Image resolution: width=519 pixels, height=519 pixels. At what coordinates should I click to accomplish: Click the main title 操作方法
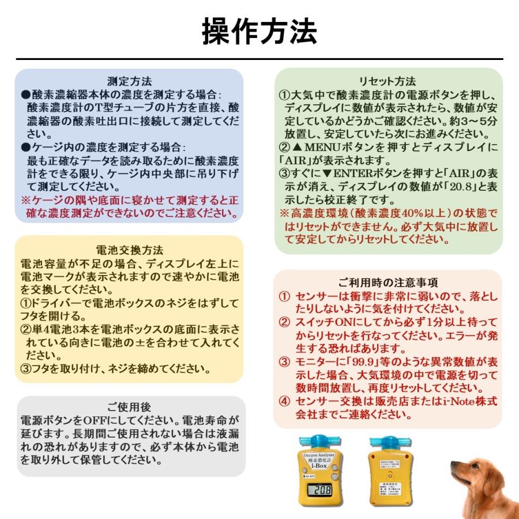click(259, 32)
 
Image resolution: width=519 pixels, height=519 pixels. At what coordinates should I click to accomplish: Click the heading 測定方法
click(130, 81)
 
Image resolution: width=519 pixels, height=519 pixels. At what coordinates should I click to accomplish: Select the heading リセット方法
click(388, 81)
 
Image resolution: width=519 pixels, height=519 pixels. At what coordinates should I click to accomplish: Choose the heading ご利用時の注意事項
click(388, 283)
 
